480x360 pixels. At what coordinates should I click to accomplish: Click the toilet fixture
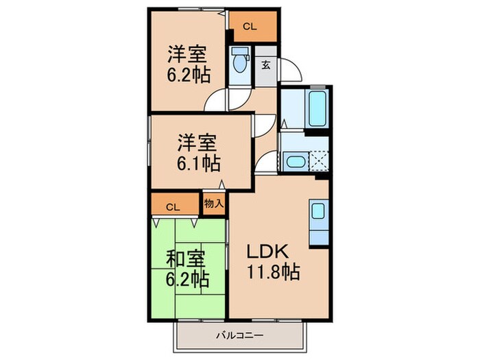click(240, 64)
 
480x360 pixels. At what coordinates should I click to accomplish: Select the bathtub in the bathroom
click(317, 108)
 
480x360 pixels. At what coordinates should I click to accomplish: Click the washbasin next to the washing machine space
click(296, 163)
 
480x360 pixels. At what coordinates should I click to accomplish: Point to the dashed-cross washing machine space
click(317, 163)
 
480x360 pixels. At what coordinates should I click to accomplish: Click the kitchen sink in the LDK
click(320, 212)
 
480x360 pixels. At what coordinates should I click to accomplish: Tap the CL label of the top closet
click(250, 28)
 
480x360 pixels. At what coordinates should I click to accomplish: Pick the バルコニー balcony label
click(241, 335)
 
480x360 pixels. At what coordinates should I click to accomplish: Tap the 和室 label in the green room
click(187, 260)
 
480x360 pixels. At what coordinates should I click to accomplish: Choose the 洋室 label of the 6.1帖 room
click(197, 143)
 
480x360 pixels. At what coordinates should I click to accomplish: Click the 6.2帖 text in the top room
click(188, 74)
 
